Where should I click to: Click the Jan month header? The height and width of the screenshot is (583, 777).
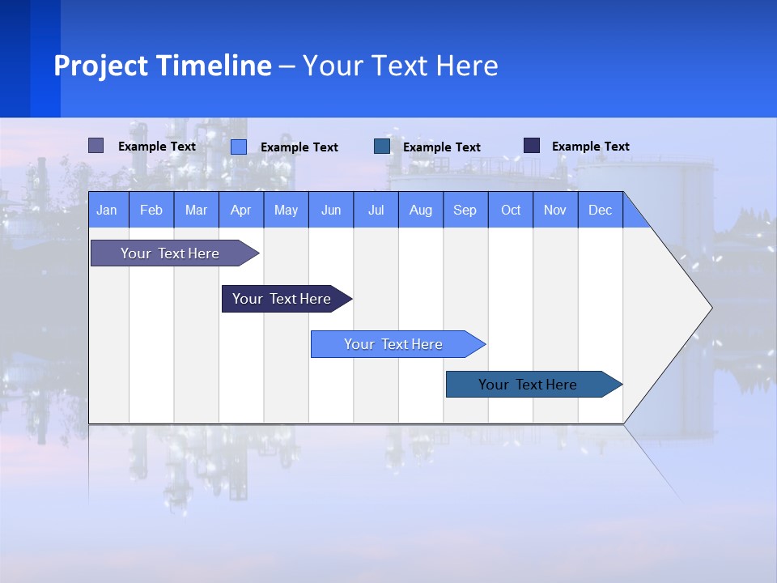click(107, 210)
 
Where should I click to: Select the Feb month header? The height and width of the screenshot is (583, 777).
click(151, 210)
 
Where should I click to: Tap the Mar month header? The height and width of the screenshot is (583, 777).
click(196, 210)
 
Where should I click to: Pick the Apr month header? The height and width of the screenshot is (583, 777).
click(241, 210)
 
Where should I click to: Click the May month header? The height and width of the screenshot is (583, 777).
click(286, 210)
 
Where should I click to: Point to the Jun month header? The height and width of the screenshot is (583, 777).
click(331, 210)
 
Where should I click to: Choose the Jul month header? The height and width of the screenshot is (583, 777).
click(376, 210)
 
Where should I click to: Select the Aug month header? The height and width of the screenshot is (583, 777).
click(421, 210)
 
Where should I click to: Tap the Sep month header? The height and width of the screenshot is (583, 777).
click(465, 210)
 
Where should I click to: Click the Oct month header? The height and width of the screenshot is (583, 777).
click(511, 210)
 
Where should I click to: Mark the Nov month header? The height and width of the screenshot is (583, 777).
click(555, 210)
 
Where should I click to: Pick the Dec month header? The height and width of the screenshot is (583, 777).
click(601, 210)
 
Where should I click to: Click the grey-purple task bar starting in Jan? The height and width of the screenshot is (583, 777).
click(171, 253)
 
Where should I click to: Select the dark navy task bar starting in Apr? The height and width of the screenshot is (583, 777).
click(282, 299)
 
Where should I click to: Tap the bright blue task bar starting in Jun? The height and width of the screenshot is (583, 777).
click(394, 344)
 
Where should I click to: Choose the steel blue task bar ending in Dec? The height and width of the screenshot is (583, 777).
click(529, 385)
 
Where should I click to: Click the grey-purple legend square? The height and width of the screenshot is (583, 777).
click(96, 146)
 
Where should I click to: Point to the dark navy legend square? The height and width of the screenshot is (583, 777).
click(532, 146)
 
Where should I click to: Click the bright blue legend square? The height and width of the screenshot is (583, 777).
click(239, 147)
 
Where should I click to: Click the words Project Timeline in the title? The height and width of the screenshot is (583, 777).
click(163, 66)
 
